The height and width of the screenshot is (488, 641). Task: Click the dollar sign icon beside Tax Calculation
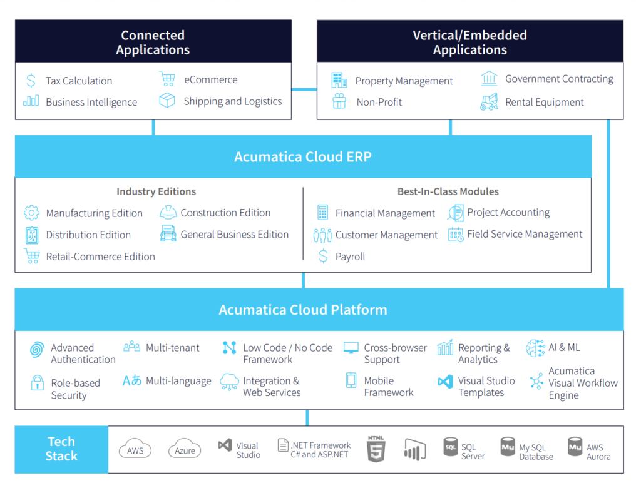tap(31, 81)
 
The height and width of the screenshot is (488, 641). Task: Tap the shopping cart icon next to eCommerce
tap(167, 79)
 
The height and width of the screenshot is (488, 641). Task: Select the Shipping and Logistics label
tap(232, 101)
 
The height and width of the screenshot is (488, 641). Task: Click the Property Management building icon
tap(339, 81)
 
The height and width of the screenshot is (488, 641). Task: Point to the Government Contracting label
tap(559, 79)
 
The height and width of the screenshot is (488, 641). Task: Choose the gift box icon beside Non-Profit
tap(339, 102)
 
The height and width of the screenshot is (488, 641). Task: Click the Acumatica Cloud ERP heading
tap(303, 156)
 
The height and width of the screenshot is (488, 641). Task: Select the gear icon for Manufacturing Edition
tap(31, 213)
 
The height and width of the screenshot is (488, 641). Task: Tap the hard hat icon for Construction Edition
tap(168, 213)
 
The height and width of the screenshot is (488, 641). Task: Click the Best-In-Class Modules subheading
tap(448, 191)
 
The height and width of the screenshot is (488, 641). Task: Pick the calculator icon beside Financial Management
tap(323, 213)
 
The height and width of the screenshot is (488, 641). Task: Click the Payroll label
tap(350, 257)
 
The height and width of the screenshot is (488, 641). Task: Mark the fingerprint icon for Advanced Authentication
tap(38, 350)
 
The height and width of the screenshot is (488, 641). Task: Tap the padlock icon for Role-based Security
tap(38, 383)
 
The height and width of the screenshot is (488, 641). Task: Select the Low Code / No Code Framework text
tap(287, 353)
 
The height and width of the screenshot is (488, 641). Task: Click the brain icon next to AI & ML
tap(535, 348)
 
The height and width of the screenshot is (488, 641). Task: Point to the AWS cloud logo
tap(135, 449)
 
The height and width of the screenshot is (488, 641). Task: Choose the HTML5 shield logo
tap(376, 449)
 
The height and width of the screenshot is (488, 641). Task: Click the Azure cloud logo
tap(185, 449)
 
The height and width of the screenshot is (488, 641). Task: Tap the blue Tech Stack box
tap(61, 449)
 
